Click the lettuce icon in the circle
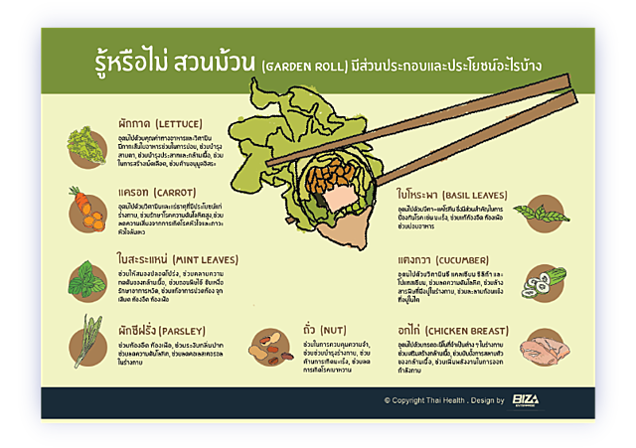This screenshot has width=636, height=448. (x=86, y=144)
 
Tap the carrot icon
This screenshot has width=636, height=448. (x=86, y=205)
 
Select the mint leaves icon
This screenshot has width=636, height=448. (x=86, y=274)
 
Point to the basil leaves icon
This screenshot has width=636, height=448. (x=547, y=211)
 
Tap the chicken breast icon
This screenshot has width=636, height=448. (x=546, y=348)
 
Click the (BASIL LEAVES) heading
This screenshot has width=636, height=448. (x=473, y=194)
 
